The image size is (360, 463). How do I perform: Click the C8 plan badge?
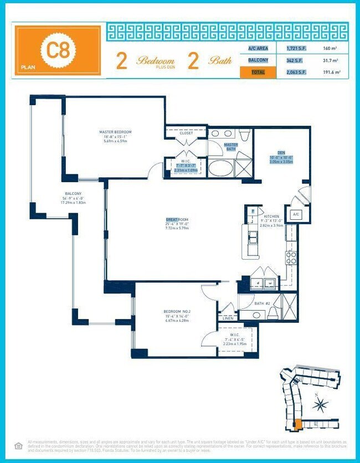pyautogui.click(x=58, y=50)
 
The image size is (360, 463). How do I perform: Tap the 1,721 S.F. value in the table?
pyautogui.click(x=296, y=49)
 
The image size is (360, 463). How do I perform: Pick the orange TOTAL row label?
pyautogui.click(x=258, y=73)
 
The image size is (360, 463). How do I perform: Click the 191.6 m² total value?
pyautogui.click(x=331, y=73)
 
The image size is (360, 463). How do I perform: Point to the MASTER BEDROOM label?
pyautogui.click(x=115, y=132)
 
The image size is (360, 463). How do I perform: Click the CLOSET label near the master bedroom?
pyautogui.click(x=186, y=133)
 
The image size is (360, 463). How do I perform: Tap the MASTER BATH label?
pyautogui.click(x=230, y=147)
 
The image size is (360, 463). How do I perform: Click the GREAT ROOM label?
pyautogui.click(x=177, y=220)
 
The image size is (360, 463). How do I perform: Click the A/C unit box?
pyautogui.click(x=296, y=214)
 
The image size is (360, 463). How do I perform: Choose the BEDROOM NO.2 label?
pyautogui.click(x=177, y=312)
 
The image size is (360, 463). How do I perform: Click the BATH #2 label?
pyautogui.click(x=262, y=303)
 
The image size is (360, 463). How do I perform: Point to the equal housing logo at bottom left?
pyautogui.click(x=18, y=445)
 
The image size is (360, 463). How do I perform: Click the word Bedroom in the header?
pyautogui.click(x=155, y=60)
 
